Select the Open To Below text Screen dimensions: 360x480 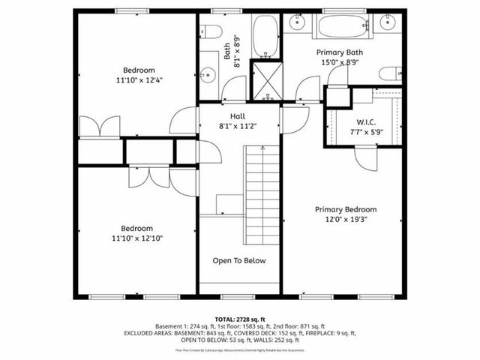pos(239,261)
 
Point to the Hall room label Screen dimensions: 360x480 pos(238,116)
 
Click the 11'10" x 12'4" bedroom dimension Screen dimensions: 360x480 pos(139,79)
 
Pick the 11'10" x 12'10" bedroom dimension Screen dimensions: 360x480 pos(137,238)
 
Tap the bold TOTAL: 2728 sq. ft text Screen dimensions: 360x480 pos(239,319)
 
